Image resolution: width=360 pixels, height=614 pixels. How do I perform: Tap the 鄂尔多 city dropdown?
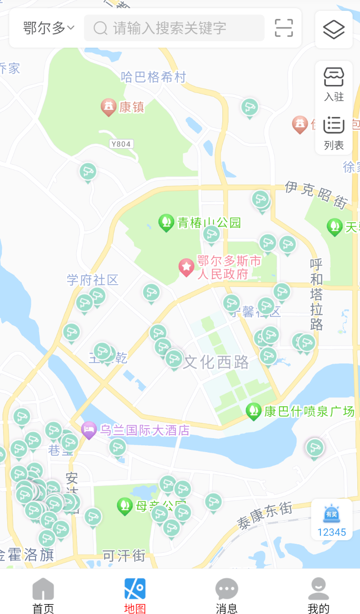(x=49, y=28)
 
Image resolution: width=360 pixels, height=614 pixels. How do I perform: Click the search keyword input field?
(x=174, y=28)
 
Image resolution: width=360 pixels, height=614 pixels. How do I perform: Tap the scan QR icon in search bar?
(x=284, y=28)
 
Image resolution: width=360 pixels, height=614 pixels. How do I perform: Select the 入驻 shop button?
(x=334, y=84)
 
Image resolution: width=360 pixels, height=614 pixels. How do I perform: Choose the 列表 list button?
(x=334, y=132)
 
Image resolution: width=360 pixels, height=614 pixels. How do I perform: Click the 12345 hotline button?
(x=332, y=520)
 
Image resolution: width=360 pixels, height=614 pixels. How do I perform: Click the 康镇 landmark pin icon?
(x=108, y=107)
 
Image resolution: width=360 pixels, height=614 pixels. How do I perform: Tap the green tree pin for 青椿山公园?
(x=166, y=222)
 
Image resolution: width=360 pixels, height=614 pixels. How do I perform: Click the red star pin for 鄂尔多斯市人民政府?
(x=186, y=267)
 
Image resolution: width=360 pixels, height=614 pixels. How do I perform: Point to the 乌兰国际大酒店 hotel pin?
(x=89, y=430)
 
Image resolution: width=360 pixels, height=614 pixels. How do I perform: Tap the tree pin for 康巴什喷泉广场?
(x=254, y=411)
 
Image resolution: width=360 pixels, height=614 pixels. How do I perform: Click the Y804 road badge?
(x=121, y=144)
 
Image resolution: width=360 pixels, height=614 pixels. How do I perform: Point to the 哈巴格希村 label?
(x=153, y=77)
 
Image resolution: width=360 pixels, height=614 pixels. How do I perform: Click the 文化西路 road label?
(x=216, y=362)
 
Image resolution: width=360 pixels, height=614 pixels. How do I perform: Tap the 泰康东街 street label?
(x=265, y=515)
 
